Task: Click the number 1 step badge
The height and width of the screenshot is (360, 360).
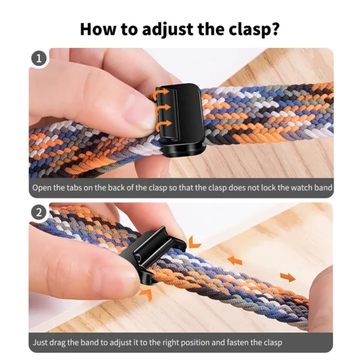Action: click(39, 59)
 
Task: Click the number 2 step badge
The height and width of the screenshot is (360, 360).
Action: click(39, 212)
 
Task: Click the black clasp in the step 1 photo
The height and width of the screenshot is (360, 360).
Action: click(180, 117)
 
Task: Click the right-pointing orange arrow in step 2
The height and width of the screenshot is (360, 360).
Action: click(287, 277)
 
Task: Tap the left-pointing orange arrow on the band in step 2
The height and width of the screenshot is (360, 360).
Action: click(235, 261)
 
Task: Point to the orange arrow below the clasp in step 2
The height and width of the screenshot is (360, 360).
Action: click(145, 293)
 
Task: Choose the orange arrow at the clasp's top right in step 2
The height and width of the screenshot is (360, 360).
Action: click(194, 241)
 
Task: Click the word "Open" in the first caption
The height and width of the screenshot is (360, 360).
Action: click(43, 188)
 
